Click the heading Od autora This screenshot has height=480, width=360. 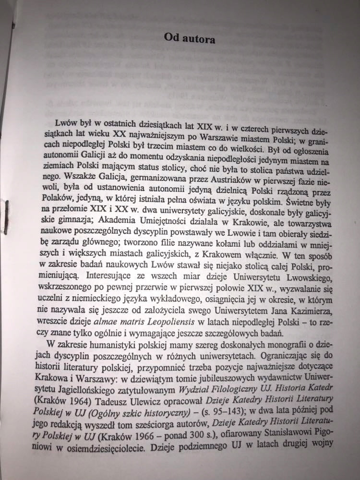coord(189,37)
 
